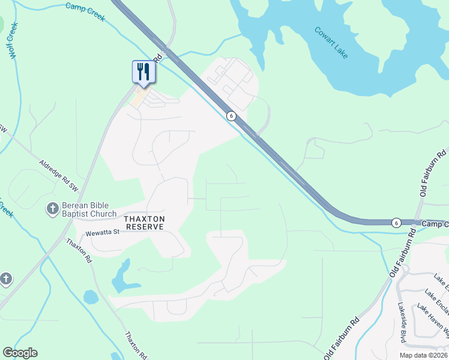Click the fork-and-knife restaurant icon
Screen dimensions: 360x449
coord(143,72)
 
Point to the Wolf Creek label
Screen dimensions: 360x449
coord(12,41)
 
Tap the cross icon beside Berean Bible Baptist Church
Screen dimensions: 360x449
coord(53,209)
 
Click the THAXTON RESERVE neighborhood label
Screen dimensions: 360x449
coord(144,223)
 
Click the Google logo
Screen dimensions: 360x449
coord(20,353)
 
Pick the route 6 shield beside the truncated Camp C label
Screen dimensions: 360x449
coord(396,223)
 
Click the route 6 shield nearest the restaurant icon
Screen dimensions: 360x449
coord(231,115)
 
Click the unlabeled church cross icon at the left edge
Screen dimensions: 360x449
coord(5,278)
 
